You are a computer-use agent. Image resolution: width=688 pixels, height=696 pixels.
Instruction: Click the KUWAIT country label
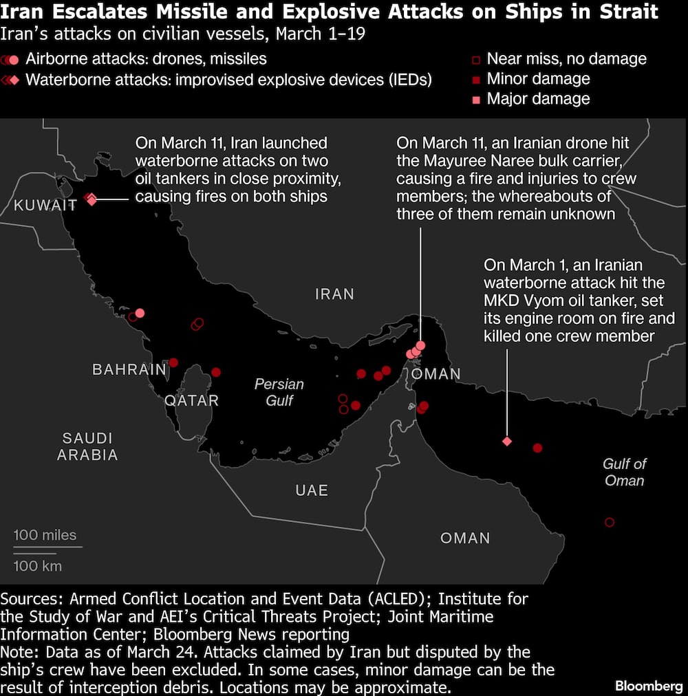[45, 205]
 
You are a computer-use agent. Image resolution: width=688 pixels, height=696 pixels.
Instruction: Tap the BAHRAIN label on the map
[129, 369]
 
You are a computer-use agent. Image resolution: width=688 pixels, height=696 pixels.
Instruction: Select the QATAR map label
[192, 400]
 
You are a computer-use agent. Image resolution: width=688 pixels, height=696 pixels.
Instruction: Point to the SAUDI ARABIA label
[87, 446]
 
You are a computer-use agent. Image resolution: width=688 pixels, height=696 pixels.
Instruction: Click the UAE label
[312, 490]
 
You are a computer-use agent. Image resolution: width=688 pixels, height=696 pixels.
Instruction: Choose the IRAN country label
[334, 294]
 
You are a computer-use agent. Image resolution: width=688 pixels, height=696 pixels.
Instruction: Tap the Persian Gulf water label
[279, 392]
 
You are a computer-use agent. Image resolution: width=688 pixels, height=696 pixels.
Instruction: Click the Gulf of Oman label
[625, 472]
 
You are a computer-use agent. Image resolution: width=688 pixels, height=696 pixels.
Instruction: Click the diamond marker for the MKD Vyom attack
[507, 442]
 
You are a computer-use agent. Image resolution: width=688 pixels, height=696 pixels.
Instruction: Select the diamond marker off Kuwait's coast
[91, 199]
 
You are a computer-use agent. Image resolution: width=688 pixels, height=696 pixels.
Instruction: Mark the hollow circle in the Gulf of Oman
[609, 523]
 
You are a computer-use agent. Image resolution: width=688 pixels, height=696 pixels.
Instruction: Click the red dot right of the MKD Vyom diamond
[538, 448]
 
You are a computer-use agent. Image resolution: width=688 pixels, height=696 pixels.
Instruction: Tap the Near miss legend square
[476, 60]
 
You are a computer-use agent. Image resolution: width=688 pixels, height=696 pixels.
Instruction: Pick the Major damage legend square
[476, 100]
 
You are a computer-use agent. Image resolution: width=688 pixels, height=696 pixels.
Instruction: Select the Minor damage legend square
[476, 80]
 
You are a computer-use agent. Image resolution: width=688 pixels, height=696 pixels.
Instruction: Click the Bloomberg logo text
[649, 686]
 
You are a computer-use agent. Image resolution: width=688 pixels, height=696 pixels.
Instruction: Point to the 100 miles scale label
[45, 535]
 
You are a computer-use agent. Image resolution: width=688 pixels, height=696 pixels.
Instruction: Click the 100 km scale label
[38, 566]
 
